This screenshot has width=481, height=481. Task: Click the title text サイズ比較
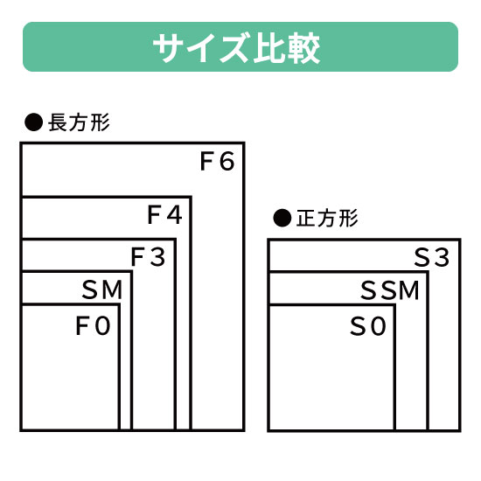pos(236,48)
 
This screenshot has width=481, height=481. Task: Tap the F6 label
pos(217,162)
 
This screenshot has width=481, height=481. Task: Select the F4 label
pos(164,215)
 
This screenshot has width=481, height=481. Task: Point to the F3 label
pos(148,257)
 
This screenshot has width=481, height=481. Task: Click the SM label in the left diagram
pos(102,289)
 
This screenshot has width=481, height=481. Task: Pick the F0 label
pos(93,326)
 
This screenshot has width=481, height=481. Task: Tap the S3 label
pos(432,257)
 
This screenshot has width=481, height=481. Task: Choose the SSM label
pos(389,290)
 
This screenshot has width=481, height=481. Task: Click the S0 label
pos(367,326)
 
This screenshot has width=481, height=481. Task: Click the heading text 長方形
pos(79,122)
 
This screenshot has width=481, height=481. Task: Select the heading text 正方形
pos(327,219)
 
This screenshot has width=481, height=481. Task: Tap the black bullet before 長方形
pos(33,122)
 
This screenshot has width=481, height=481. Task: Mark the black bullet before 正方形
pos(282,218)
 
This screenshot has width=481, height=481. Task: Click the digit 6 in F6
pos(227,162)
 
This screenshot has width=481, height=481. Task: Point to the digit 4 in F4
pos(175,215)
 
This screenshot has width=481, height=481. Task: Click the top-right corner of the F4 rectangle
pos(191,197)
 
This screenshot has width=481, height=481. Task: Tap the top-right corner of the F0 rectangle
pos(119,305)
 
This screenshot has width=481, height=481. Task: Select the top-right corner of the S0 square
pos(394,305)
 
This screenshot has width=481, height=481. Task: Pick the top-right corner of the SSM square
pos(428,272)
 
